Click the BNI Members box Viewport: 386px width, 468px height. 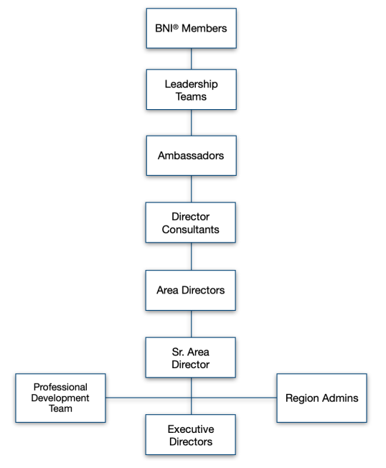[x=192, y=29]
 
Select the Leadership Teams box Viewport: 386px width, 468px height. [x=192, y=90]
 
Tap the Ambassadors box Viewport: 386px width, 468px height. [x=192, y=156]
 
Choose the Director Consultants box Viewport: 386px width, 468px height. [x=191, y=223]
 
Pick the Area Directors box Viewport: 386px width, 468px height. [x=191, y=290]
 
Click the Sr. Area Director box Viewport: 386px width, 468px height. [x=191, y=357]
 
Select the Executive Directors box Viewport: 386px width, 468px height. [x=191, y=434]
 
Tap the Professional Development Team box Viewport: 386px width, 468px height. [x=60, y=398]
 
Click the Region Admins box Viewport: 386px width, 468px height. [x=322, y=398]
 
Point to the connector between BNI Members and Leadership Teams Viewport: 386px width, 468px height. [x=192, y=59]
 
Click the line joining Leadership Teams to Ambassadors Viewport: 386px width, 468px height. [x=192, y=123]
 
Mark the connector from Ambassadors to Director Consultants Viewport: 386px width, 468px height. [x=192, y=189]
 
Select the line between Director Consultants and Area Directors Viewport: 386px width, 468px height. [x=192, y=256]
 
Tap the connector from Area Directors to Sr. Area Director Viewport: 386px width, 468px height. [x=192, y=324]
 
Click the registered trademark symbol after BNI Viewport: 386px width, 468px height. [x=176, y=27]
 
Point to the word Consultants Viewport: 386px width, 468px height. [x=191, y=230]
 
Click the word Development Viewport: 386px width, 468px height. [x=60, y=398]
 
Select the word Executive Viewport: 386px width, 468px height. [x=191, y=429]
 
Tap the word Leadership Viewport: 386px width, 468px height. [x=192, y=85]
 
